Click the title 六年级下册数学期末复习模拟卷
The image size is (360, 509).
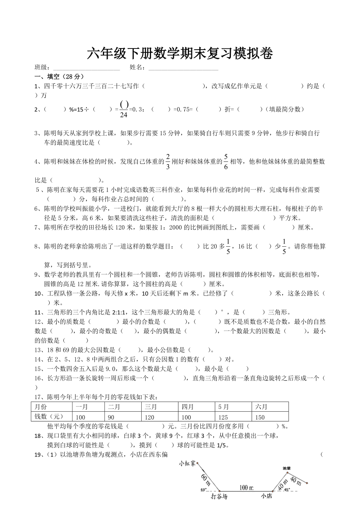click(x=180, y=54)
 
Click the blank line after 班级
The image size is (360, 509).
click(x=86, y=68)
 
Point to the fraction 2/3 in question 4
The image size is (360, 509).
click(x=168, y=162)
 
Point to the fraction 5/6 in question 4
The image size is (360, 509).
click(x=226, y=162)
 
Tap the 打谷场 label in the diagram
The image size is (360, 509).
click(x=219, y=496)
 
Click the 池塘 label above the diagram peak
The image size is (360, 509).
click(x=286, y=468)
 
